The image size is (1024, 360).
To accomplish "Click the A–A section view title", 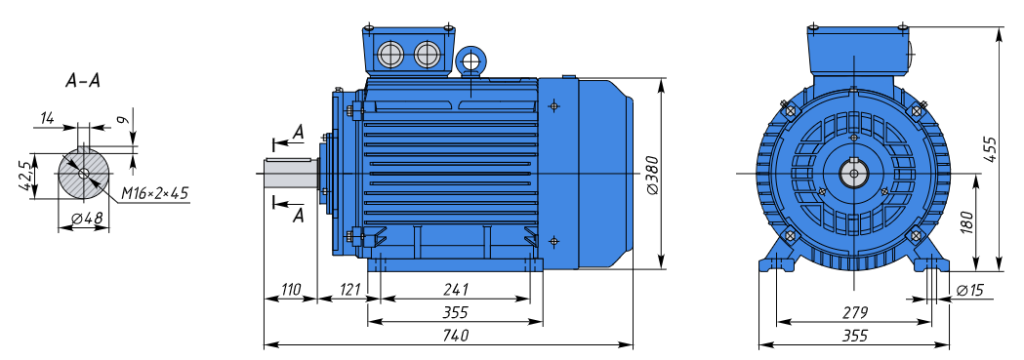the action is point(83,81).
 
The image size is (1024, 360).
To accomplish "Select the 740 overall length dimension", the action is point(455,336).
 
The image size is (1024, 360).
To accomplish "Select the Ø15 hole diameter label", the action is point(970,289).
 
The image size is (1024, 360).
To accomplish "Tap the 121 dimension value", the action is point(351,289).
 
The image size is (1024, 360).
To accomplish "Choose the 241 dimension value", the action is point(455,289).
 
